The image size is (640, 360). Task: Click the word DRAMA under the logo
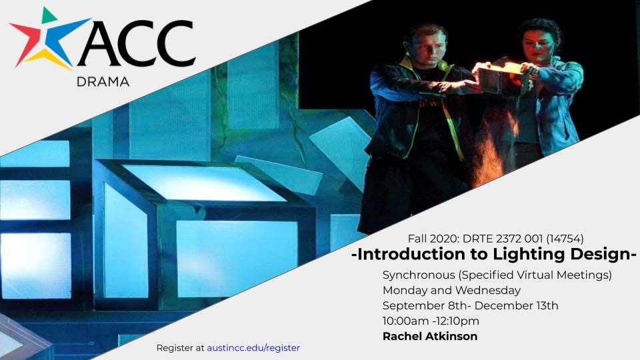tap(103, 81)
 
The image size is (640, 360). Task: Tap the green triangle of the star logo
tap(48, 15)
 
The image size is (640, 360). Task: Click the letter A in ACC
tap(102, 43)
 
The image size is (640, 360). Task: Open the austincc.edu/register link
tap(253, 348)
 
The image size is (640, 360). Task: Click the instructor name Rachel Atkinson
tap(430, 336)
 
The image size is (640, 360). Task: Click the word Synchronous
tap(419, 275)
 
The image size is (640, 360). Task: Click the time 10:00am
tap(406, 321)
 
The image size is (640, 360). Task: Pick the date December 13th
tap(516, 306)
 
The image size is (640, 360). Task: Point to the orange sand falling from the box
tap(492, 151)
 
